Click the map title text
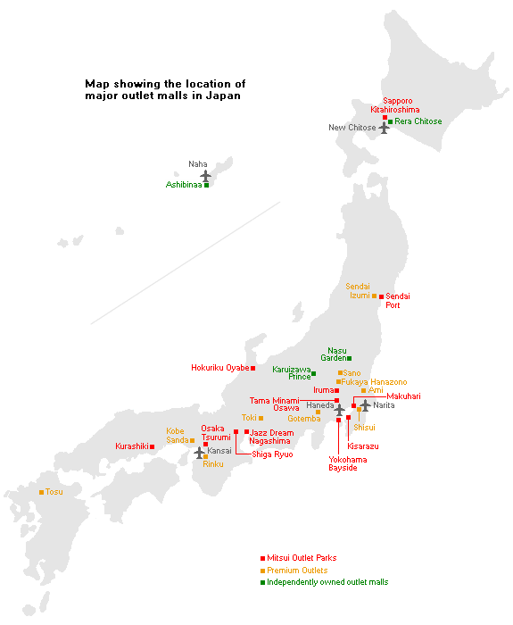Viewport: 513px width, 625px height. (x=164, y=88)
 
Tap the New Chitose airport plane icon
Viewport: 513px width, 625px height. (x=385, y=128)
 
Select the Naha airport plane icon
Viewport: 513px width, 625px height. (x=206, y=175)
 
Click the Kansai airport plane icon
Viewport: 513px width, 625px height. (x=200, y=453)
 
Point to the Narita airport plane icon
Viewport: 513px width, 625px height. (x=365, y=405)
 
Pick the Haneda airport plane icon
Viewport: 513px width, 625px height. (x=340, y=409)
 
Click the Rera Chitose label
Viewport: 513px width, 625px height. (x=418, y=121)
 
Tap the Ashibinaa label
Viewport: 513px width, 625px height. (x=184, y=185)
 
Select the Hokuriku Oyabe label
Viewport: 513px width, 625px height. (x=220, y=368)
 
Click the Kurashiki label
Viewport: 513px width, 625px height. (x=132, y=446)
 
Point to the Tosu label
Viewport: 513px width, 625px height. (x=54, y=492)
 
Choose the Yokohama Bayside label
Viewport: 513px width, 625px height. (x=347, y=463)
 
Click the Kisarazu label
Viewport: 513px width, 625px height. (x=363, y=445)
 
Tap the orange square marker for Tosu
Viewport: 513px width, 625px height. (x=41, y=492)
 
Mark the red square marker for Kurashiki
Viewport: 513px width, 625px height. (x=153, y=446)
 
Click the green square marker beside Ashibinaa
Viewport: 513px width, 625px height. (x=207, y=185)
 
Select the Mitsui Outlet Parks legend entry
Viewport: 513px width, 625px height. (x=302, y=558)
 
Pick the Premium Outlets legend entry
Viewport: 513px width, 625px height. (x=297, y=571)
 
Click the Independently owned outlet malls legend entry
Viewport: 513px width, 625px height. (x=327, y=582)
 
